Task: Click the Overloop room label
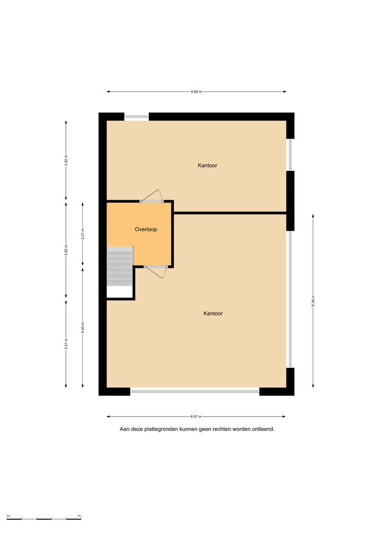click(x=146, y=229)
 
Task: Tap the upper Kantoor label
click(x=207, y=165)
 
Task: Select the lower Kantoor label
click(x=213, y=314)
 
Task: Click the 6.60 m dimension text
click(x=196, y=92)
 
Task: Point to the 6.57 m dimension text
click(x=196, y=417)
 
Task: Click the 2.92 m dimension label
click(x=66, y=160)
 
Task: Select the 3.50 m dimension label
click(x=66, y=250)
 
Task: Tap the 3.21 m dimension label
click(x=66, y=344)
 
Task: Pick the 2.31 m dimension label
click(x=83, y=234)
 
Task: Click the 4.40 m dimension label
click(x=83, y=327)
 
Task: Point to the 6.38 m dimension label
click(x=313, y=301)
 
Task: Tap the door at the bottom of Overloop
click(x=155, y=271)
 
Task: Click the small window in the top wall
click(x=137, y=117)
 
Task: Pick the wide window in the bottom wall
click(x=195, y=392)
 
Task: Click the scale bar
click(x=44, y=519)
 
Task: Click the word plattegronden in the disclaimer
click(x=161, y=429)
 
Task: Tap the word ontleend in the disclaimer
click(x=263, y=429)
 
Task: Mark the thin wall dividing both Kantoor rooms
click(x=230, y=213)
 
